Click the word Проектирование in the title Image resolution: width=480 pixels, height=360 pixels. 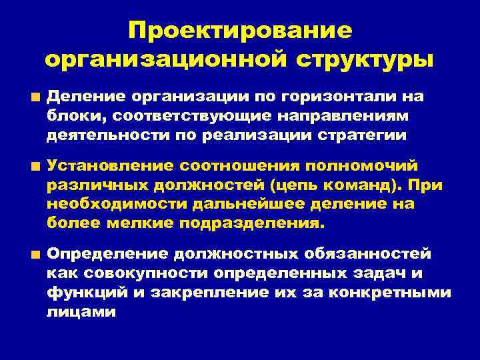tap(239, 31)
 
